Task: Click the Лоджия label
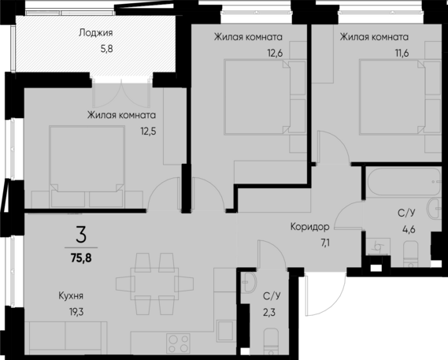pos(96,33)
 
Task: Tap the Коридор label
pos(309,225)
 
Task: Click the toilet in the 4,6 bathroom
pos(410,254)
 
